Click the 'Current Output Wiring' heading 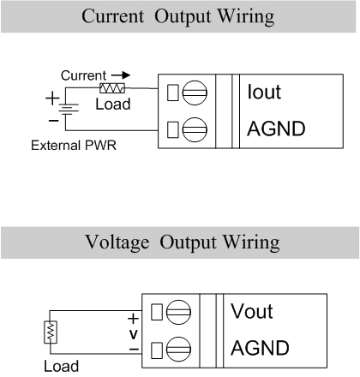tap(178, 16)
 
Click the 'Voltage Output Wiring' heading tap(183, 242)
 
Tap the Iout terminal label tap(264, 92)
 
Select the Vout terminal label tap(252, 311)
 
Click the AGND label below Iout tap(276, 129)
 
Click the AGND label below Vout tap(260, 348)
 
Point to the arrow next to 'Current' tap(121, 75)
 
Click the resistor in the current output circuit tap(112, 88)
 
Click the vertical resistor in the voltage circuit tap(51, 332)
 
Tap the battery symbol tap(68, 110)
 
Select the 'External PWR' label tap(74, 146)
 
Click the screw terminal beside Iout tap(195, 93)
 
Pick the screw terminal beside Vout tap(178, 312)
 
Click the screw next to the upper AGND tap(195, 129)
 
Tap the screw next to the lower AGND tap(178, 349)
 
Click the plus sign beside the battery tap(52, 99)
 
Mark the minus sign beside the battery tap(53, 121)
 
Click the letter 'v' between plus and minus tap(134, 334)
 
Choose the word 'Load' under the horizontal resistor tap(113, 104)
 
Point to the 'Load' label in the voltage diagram tap(62, 366)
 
